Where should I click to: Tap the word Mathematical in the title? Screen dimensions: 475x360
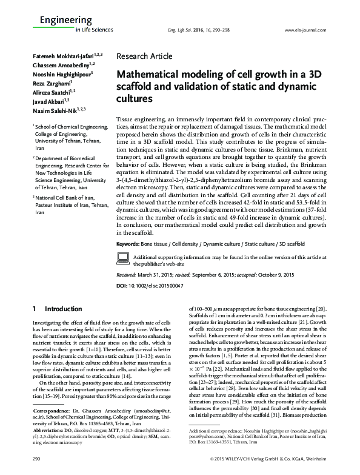click(x=150, y=75)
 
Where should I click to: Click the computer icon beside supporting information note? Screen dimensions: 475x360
click(x=122, y=277)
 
